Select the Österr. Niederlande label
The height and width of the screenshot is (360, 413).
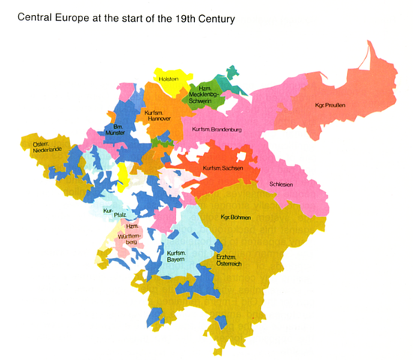(x=41, y=148)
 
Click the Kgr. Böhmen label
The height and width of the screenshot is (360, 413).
(x=235, y=217)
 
